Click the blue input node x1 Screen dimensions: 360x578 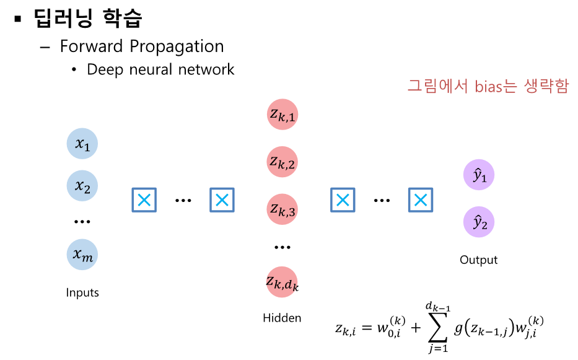coord(82,144)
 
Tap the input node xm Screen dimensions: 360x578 coord(82,254)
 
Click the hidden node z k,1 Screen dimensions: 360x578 coord(282,115)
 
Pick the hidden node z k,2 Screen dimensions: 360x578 coord(282,162)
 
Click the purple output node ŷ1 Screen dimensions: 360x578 coord(479,177)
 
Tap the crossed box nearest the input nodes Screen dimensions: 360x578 coord(144,200)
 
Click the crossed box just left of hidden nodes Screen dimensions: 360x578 coord(222,200)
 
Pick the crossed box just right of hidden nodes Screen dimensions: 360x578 coord(342,200)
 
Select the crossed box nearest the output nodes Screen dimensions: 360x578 coord(420,200)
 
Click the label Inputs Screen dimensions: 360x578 coord(82,292)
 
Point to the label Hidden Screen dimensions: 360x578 coord(282,318)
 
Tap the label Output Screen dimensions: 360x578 coord(478,260)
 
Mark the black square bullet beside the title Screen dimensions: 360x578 coord(19,19)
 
